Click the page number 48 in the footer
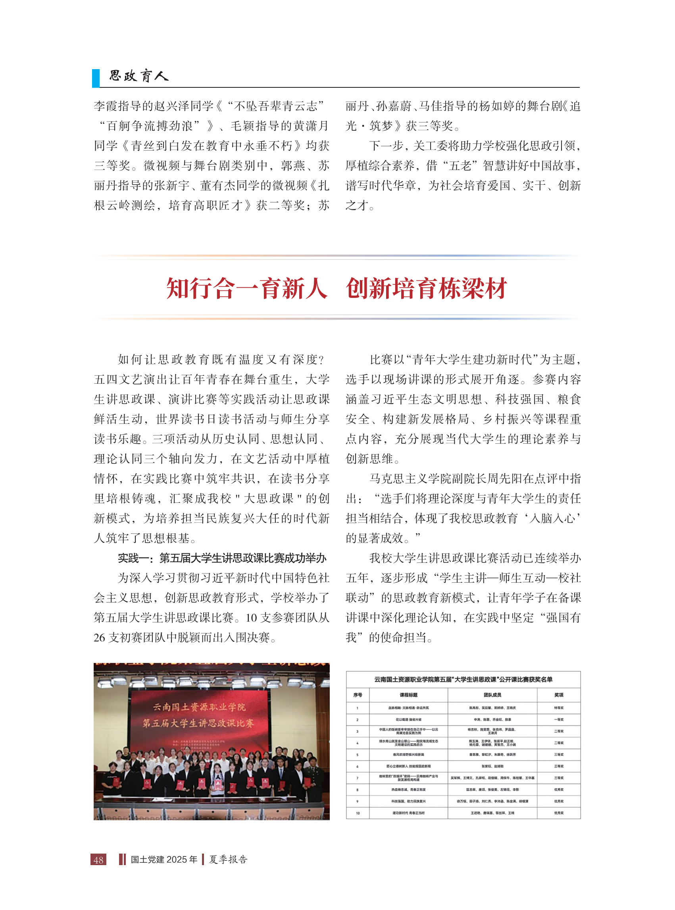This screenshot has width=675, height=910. coord(98,859)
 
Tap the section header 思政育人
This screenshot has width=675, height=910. coord(138,76)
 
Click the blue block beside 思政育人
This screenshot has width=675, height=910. coord(96,78)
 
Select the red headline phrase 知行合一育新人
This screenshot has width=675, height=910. coord(247,288)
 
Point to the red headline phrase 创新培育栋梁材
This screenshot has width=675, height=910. coord(426,288)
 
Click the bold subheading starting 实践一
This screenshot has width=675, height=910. coord(222,558)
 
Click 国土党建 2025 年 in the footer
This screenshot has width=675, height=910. coord(164,859)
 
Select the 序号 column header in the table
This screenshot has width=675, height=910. coord(358,695)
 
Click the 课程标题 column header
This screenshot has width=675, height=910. coord(408,695)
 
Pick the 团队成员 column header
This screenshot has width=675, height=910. coord(492,695)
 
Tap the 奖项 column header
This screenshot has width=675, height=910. coord(559,695)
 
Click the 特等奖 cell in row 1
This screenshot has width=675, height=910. coord(559,707)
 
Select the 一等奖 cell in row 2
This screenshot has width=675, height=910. coord(559,719)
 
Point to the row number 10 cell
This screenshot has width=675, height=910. coord(358,813)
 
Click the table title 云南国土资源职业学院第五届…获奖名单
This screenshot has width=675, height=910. coord(463,679)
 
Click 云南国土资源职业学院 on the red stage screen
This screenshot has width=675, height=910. coord(199,707)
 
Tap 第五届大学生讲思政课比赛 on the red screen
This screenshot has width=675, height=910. coord(198,723)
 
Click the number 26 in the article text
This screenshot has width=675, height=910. coord(99,638)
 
